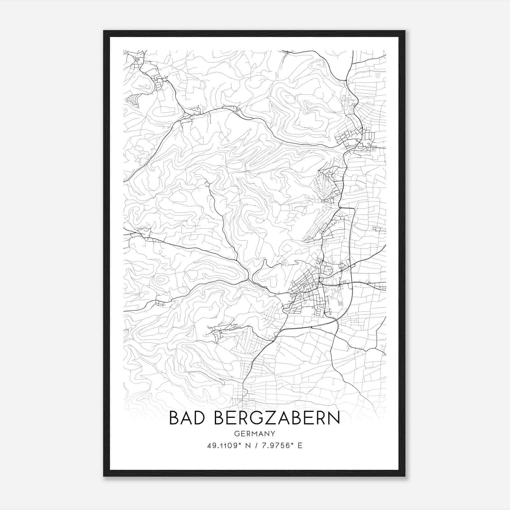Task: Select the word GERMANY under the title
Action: [255, 434]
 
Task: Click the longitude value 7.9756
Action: [275, 446]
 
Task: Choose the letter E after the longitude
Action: [300, 446]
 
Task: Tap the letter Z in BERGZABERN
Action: [268, 418]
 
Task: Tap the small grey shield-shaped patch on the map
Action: [378, 75]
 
